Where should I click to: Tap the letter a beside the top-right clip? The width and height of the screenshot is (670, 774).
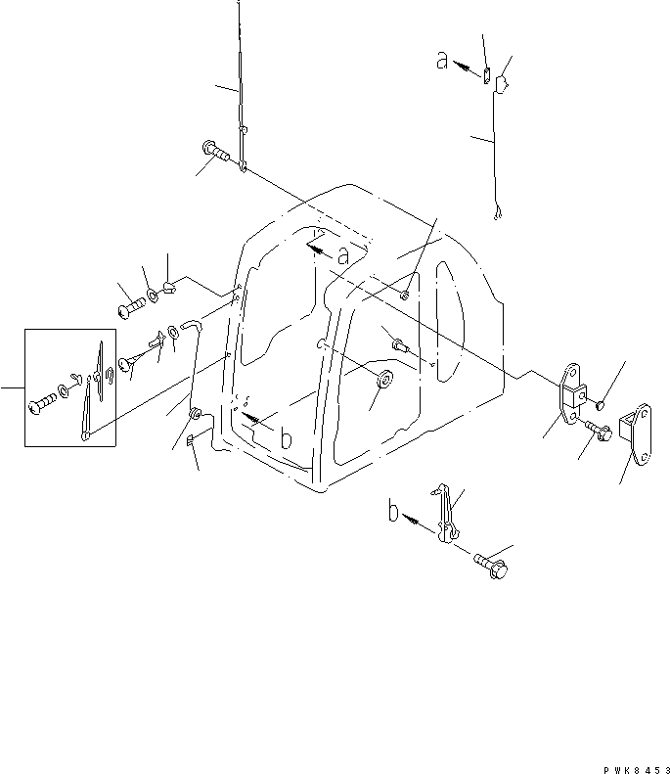click(x=442, y=61)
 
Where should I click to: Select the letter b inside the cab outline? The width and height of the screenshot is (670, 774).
click(x=285, y=439)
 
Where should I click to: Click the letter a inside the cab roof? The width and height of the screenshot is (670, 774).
click(x=341, y=255)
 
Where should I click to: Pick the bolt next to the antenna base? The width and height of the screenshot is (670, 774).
click(x=216, y=152)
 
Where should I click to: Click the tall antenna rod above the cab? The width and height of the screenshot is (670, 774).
click(x=239, y=78)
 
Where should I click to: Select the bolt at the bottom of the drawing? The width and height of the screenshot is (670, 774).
click(x=488, y=565)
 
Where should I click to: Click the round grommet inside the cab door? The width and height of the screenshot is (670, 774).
click(x=382, y=379)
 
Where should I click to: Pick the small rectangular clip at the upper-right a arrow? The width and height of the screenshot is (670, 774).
click(x=487, y=70)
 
